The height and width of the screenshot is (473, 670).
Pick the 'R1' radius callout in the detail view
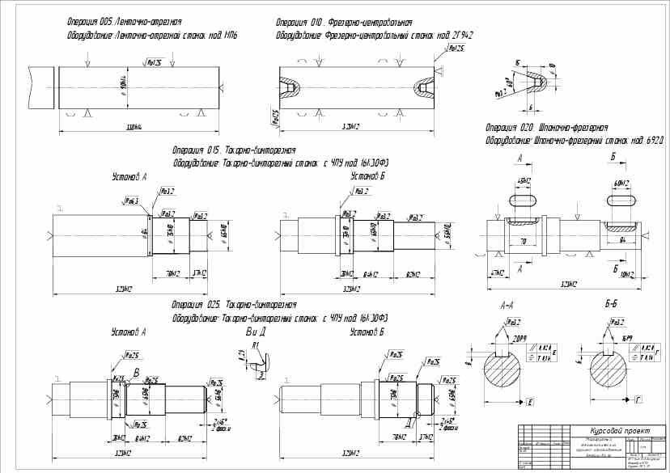pyautogui.click(x=256, y=345)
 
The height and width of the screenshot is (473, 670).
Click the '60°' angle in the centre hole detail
pyautogui.click(x=509, y=82)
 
